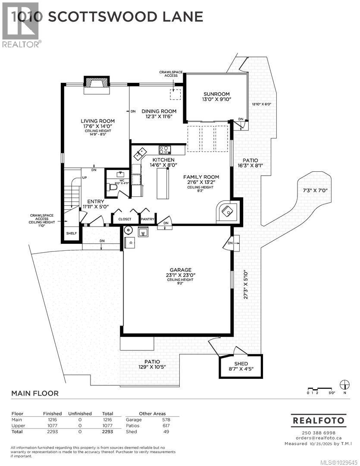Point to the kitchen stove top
164,150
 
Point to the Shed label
241,363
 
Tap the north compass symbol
344,384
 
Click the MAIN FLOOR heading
34,393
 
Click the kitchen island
162,183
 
